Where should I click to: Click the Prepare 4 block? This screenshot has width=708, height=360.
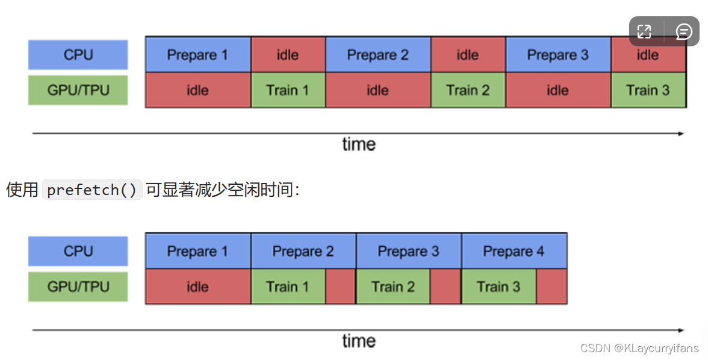point(514,251)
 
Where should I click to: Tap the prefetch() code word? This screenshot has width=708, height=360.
point(92,190)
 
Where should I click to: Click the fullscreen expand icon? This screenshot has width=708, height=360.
point(644,32)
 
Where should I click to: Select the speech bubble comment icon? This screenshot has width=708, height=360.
point(684,32)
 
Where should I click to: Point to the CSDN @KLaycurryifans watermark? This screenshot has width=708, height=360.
point(639,348)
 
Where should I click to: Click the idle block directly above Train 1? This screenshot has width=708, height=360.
point(288,55)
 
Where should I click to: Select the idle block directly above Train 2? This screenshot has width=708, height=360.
point(468,55)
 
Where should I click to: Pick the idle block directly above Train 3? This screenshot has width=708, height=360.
point(648,55)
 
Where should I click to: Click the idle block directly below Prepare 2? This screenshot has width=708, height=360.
point(377,90)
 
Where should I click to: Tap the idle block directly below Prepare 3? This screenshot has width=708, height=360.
point(557,90)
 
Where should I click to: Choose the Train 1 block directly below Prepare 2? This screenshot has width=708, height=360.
point(288,287)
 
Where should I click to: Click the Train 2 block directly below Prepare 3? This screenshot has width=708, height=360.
point(393,287)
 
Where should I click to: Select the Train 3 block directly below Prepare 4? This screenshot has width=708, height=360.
point(498,287)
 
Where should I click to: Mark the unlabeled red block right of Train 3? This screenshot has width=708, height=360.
point(551,287)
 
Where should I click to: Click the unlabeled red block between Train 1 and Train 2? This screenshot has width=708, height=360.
point(341,287)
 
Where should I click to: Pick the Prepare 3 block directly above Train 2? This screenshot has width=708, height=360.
point(408,251)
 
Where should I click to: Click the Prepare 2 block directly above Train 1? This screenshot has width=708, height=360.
point(303,251)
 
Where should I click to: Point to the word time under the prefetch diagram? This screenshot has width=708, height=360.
point(359,341)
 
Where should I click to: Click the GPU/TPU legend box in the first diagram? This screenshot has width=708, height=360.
point(78,90)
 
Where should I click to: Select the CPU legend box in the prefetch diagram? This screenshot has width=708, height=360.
point(78,251)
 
